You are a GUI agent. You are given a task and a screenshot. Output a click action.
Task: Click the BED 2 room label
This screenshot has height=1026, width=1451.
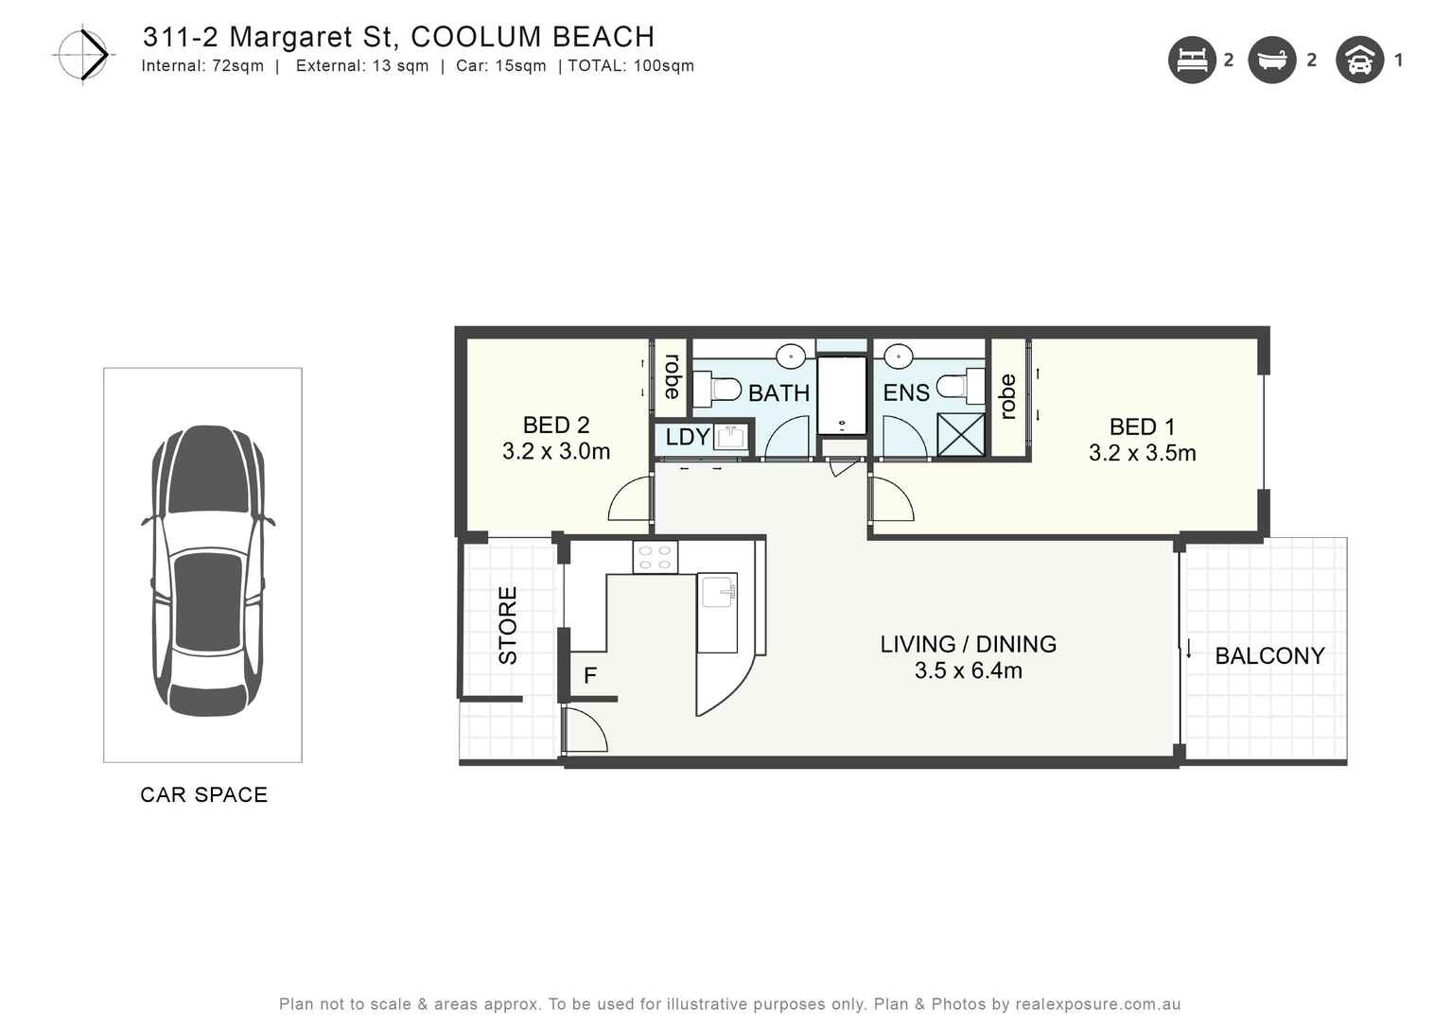pos(556,426)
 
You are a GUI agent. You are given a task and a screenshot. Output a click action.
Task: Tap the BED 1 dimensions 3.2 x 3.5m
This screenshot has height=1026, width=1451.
pos(1142,454)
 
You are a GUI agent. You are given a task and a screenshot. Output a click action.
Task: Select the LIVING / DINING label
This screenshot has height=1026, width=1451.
pos(968,644)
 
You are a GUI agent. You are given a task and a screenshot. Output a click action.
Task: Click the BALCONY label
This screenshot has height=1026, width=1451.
pos(1268,656)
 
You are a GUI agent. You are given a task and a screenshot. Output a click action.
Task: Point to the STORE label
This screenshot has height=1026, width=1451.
pos(508,625)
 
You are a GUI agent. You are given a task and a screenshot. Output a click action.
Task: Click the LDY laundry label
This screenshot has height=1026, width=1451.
pos(688,437)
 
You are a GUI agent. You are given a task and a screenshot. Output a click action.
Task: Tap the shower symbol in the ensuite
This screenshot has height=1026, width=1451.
pos(960,435)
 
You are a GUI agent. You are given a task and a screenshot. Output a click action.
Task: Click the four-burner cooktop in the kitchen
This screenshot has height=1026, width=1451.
pos(655,557)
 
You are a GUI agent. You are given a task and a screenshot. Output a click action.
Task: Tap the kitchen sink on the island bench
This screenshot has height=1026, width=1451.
pos(719,592)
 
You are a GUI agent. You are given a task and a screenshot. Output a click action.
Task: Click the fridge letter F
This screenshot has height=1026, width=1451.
pos(590,676)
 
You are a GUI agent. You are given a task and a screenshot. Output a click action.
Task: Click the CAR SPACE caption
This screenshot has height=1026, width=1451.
pos(203,795)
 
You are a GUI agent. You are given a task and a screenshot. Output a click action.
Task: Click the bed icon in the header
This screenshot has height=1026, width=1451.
pos(1192,61)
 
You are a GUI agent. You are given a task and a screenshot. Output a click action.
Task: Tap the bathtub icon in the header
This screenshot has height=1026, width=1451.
pos(1272,61)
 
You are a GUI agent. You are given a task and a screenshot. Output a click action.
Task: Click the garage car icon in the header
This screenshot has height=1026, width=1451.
pos(1359,61)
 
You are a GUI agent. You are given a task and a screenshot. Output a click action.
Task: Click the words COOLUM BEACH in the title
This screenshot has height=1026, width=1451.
pos(533,37)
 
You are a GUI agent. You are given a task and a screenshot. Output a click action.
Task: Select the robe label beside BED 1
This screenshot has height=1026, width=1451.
pos(1007,397)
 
